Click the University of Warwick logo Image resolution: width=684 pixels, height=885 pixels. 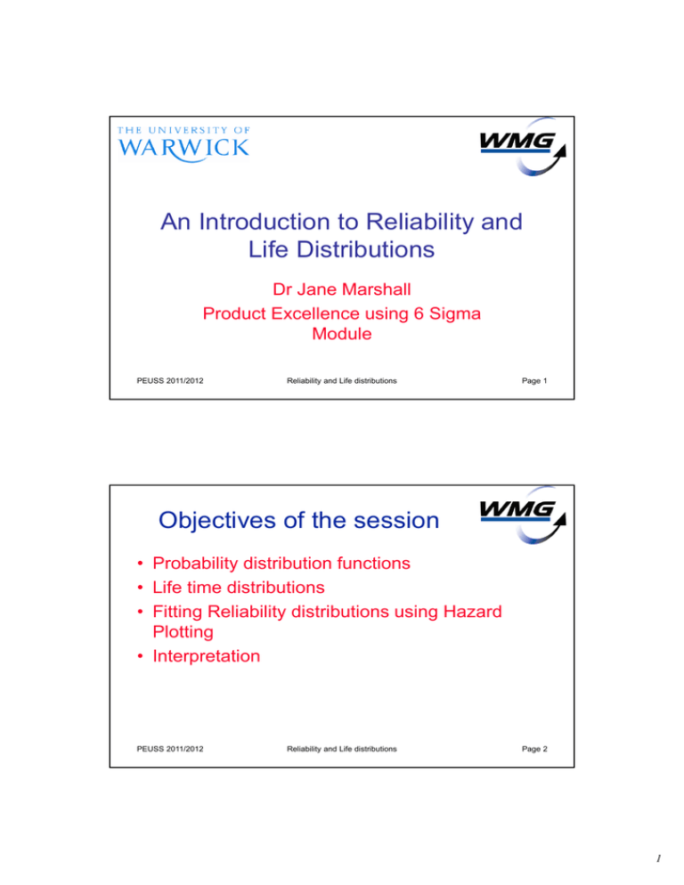tap(183, 144)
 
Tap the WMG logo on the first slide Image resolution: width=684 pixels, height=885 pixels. tap(523, 146)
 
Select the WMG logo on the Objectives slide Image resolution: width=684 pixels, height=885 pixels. tap(523, 515)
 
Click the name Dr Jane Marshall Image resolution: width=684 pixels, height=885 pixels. tap(342, 289)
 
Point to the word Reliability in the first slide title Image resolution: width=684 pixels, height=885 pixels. tap(420, 222)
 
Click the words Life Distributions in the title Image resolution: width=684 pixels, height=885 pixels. tap(342, 249)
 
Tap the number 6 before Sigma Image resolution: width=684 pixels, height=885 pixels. tap(419, 313)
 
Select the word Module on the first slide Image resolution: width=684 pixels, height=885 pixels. tap(342, 334)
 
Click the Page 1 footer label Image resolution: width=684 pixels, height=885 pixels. tap(534, 381)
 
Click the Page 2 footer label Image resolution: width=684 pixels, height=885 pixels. tap(534, 749)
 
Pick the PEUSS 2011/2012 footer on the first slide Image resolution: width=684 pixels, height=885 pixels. tap(170, 381)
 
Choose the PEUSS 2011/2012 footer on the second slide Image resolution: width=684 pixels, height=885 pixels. tap(170, 749)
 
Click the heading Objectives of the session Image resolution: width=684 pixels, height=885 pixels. tap(298, 520)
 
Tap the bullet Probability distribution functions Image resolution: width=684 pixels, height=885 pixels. tap(281, 564)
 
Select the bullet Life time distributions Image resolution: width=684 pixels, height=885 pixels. tap(239, 588)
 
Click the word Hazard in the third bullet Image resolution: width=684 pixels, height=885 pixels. tap(473, 612)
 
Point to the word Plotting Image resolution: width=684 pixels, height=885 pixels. tap(183, 632)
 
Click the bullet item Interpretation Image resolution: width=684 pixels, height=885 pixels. tap(206, 656)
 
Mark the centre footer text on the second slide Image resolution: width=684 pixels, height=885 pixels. tap(342, 749)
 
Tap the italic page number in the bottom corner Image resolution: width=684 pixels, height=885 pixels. tap(658, 858)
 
